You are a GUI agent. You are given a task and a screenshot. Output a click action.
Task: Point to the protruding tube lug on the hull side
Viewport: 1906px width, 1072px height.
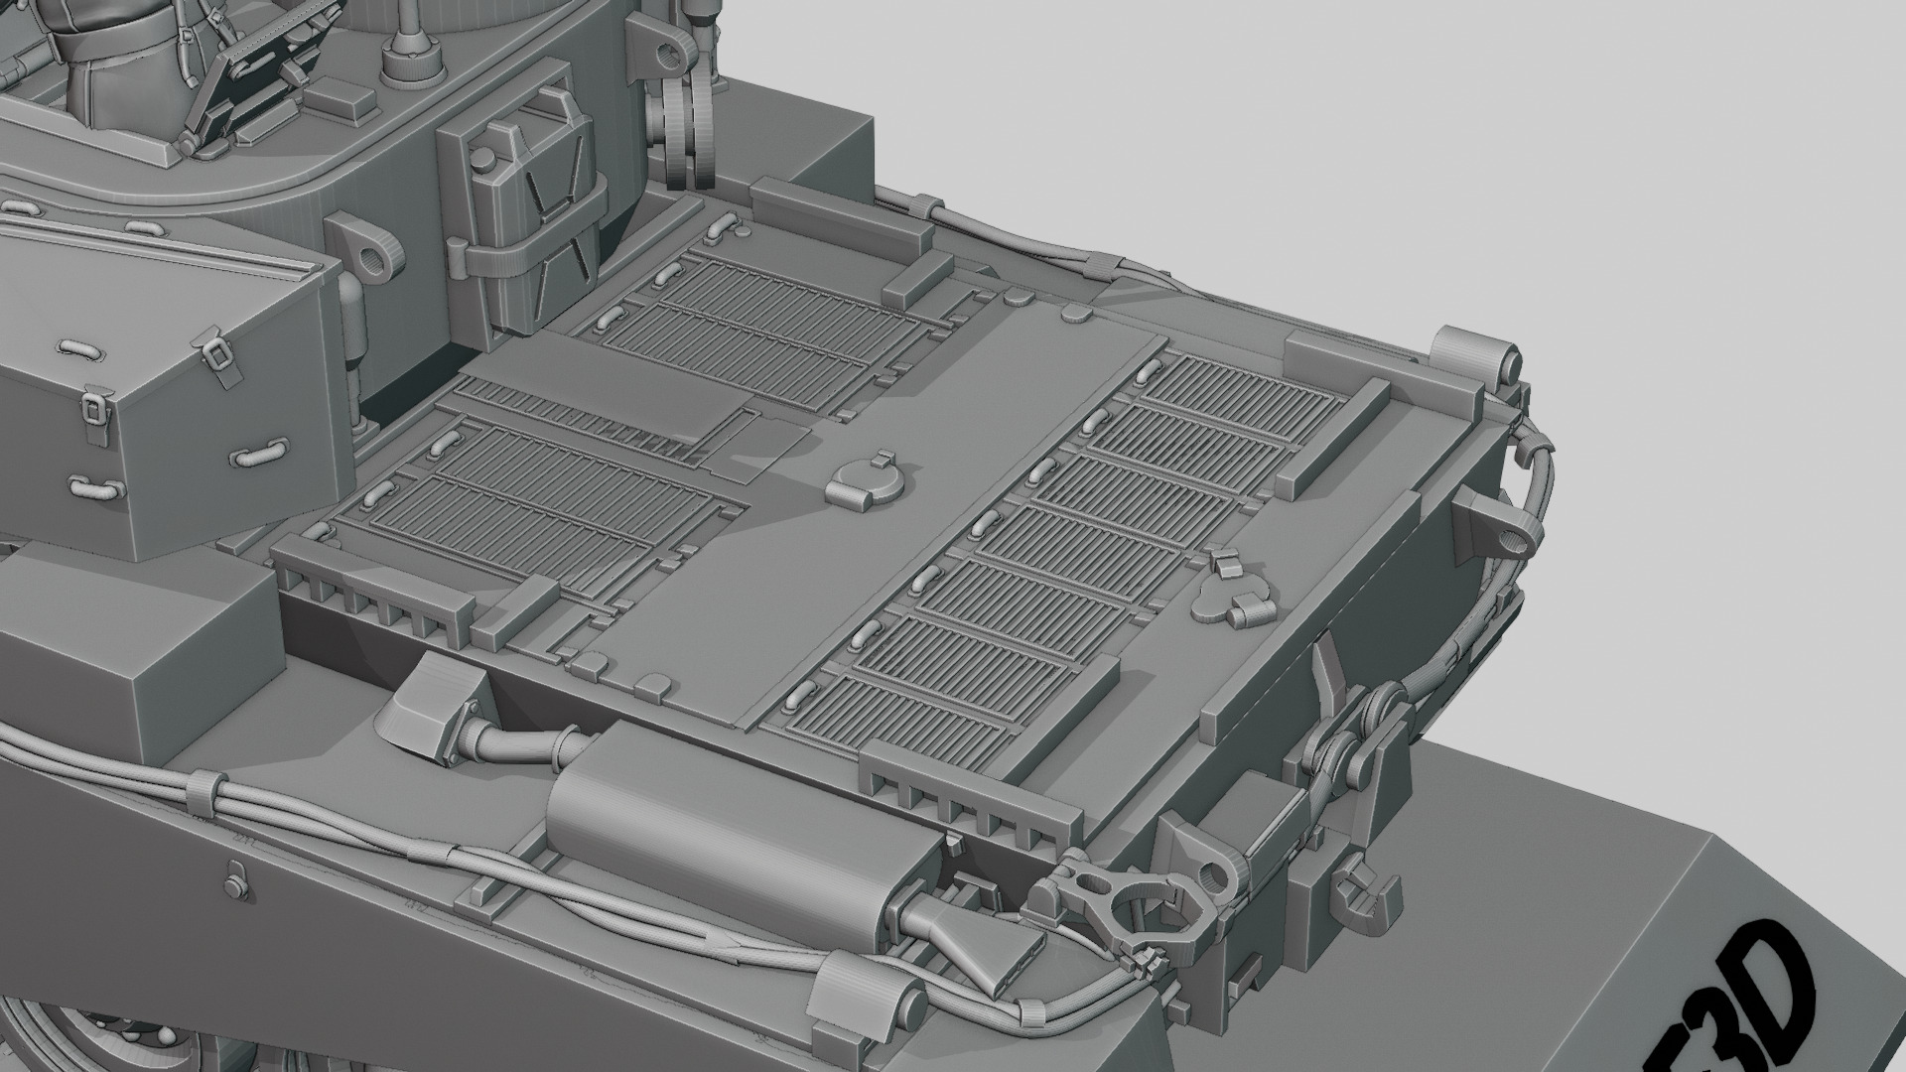point(1501,526)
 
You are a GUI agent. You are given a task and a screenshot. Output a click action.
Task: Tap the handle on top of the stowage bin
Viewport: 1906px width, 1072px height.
point(82,349)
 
